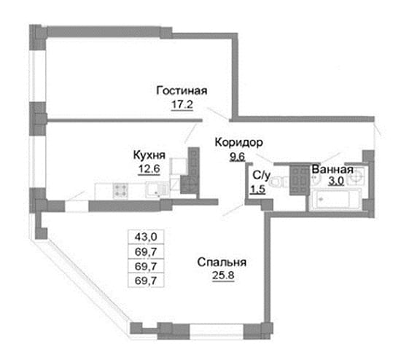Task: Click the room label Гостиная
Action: coord(182,91)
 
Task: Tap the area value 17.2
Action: coord(182,104)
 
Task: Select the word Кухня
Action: coord(149,155)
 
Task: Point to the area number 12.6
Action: coord(149,169)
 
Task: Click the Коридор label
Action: coord(239,142)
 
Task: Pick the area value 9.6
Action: coord(238,157)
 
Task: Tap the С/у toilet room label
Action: coord(261,176)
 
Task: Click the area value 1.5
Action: coord(257,189)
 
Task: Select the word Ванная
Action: coord(332,170)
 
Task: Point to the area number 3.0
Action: coord(336,181)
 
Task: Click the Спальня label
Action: coord(222,262)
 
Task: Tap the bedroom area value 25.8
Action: coord(223,275)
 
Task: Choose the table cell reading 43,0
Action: coord(146,238)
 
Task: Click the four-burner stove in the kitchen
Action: coord(120,190)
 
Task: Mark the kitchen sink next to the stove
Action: coord(157,189)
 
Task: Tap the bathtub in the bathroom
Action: coord(335,200)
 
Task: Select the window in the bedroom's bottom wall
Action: coord(217,332)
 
